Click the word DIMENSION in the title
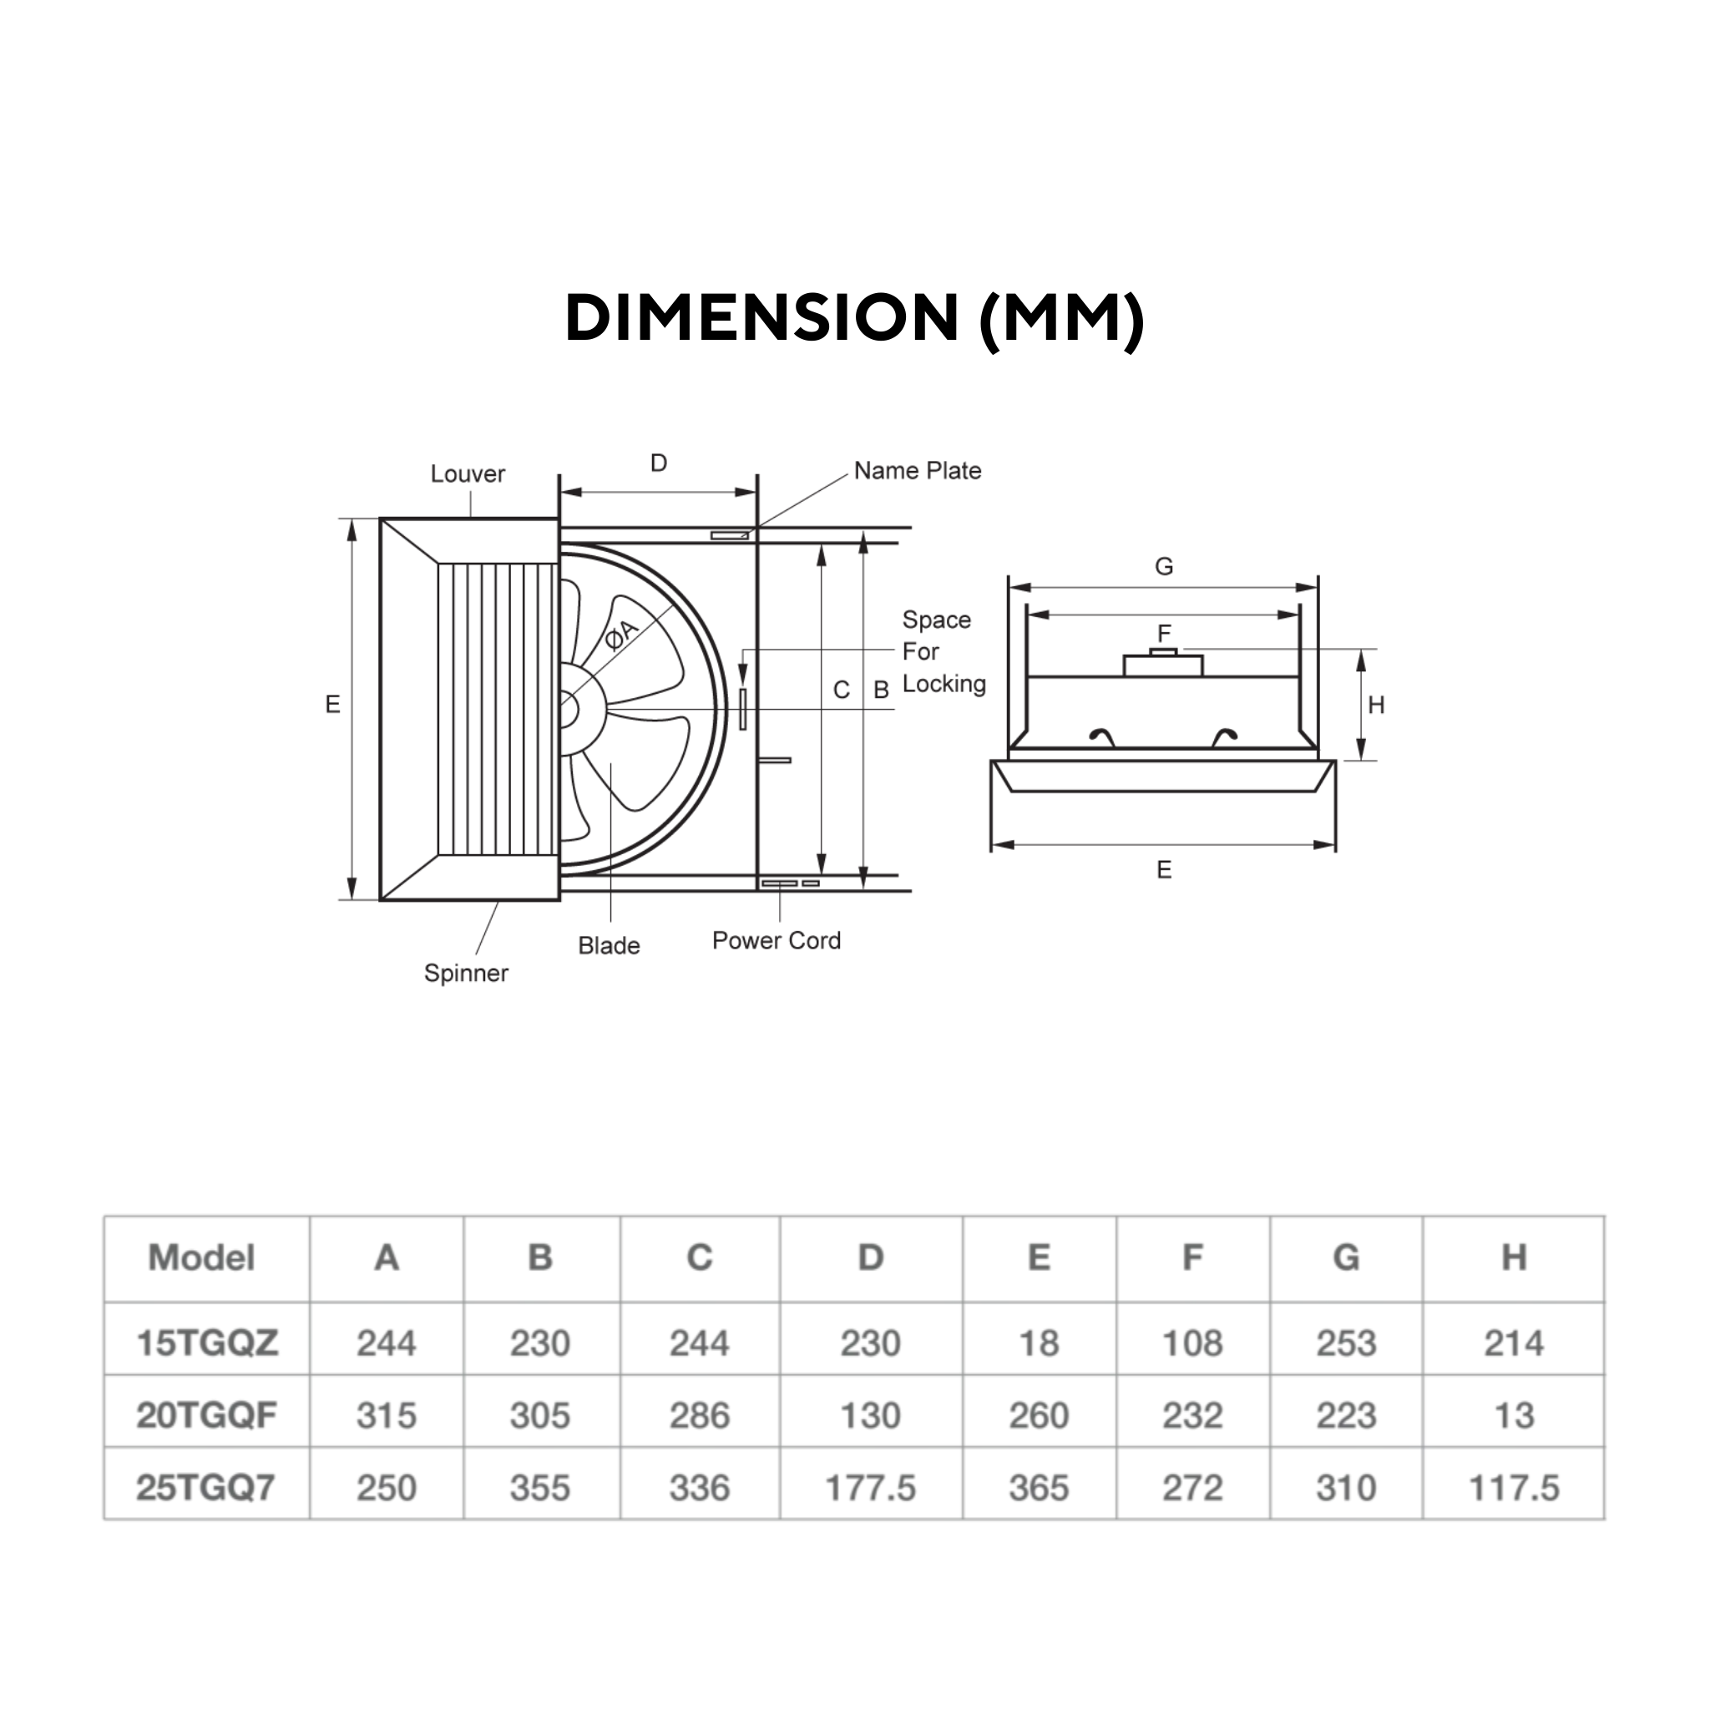point(762,318)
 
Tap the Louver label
point(468,473)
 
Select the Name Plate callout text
point(917,471)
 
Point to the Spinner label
point(466,973)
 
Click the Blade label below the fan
point(608,945)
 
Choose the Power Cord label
point(777,940)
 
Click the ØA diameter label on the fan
point(621,634)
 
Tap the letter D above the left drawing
point(659,463)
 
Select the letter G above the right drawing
point(1164,566)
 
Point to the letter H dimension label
point(1375,706)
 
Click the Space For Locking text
point(943,651)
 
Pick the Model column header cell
point(202,1257)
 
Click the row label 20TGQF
point(206,1415)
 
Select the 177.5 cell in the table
point(870,1488)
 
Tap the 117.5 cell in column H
point(1514,1488)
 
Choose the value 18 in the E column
point(1038,1343)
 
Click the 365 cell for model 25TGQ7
point(1038,1488)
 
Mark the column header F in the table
point(1192,1257)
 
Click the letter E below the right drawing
point(1164,870)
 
